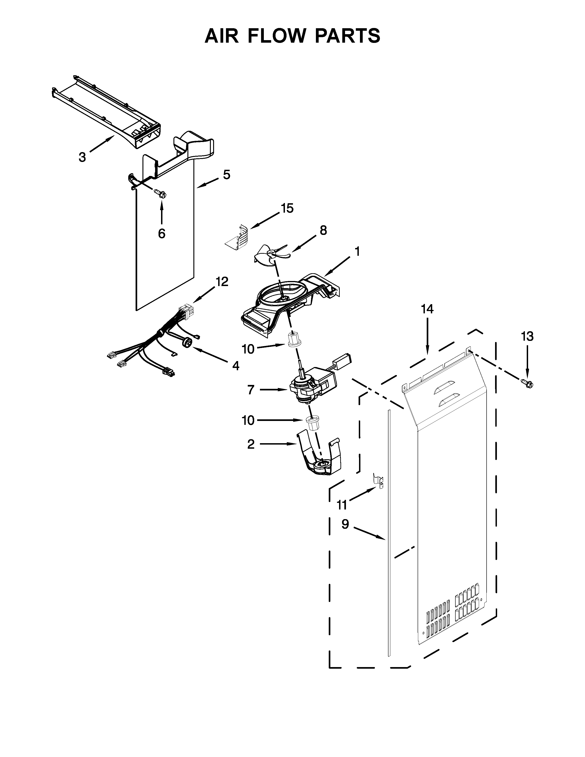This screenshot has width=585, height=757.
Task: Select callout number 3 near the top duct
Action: click(82, 157)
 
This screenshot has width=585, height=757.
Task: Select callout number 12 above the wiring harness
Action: click(222, 282)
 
